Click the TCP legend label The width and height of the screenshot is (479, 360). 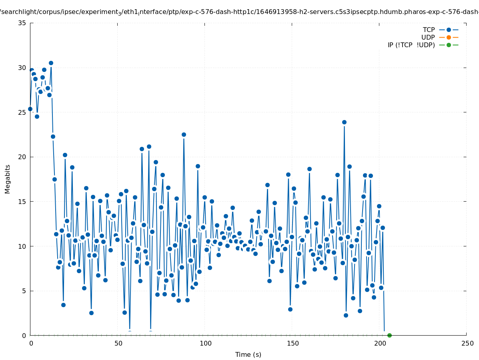point(429,30)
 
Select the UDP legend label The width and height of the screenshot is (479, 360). point(428,37)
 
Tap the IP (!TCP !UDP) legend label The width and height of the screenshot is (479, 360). point(411,45)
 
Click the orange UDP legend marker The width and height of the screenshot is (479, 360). point(449,37)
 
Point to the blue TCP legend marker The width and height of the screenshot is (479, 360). point(449,30)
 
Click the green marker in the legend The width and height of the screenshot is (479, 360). point(449,45)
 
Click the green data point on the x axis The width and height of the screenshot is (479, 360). point(389,335)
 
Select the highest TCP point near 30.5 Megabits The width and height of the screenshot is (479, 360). point(51,63)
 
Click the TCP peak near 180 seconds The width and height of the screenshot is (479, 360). point(344,122)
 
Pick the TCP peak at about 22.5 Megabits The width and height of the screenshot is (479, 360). point(184,134)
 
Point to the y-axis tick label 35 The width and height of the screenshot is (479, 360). point(22,23)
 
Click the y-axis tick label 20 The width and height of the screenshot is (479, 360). point(22,157)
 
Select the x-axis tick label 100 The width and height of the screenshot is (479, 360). point(205,344)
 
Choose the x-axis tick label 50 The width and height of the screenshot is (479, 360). point(118,344)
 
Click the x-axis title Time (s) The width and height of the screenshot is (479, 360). point(248,354)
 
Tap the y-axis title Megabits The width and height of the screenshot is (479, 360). point(8,179)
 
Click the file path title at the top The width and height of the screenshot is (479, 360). point(239,12)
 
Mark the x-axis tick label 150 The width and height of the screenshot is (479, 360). point(293,344)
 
